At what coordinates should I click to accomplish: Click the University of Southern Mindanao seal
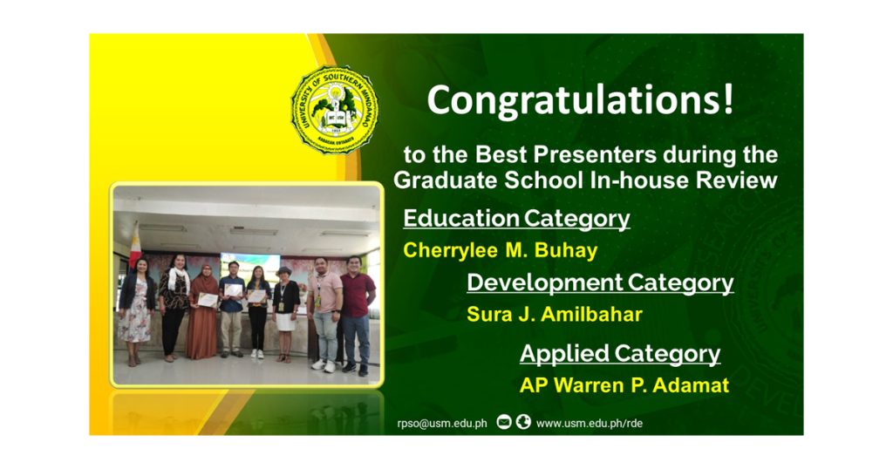point(335,109)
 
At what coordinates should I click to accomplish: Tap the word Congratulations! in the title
point(580,100)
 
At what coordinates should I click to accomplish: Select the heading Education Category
point(516,219)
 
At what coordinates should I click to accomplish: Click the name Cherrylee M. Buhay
point(501,250)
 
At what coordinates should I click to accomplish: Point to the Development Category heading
point(600,282)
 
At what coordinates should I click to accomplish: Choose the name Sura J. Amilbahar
point(555,314)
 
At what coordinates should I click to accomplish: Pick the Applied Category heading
point(620,353)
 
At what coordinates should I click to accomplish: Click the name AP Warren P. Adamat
point(624,385)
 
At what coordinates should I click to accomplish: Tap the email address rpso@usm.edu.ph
point(442,424)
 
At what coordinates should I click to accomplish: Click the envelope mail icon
point(504,422)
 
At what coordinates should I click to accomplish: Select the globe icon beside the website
point(523,422)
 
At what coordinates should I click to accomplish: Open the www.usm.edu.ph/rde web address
point(590,424)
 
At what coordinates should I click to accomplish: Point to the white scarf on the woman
point(178,280)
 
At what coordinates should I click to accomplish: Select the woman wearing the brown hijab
point(203,312)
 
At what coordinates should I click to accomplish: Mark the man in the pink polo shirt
point(325,315)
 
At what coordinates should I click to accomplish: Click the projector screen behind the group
point(249,268)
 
